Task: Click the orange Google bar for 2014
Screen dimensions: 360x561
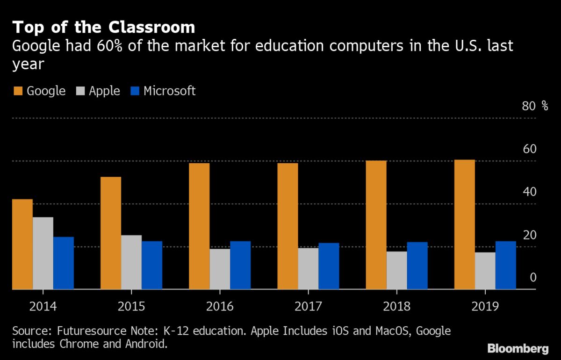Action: point(22,245)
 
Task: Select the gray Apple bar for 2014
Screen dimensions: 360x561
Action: point(43,253)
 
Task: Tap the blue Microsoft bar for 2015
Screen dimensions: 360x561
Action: point(152,266)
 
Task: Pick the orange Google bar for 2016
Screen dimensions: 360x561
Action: point(199,226)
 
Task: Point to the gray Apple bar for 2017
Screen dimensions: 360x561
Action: point(308,269)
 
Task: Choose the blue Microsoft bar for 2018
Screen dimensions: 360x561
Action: point(417,266)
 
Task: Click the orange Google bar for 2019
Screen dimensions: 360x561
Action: point(464,225)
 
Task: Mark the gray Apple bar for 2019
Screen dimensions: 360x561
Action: point(485,271)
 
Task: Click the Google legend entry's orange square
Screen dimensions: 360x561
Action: point(17,91)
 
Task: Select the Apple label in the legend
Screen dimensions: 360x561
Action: point(104,91)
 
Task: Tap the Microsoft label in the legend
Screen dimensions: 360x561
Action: point(169,91)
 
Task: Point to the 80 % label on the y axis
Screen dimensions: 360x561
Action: point(535,106)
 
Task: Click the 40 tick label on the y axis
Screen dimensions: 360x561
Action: point(530,192)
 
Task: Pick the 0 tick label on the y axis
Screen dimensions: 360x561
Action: point(533,278)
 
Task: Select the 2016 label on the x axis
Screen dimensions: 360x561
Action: point(220,307)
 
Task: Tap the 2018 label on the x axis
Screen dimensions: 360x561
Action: point(396,307)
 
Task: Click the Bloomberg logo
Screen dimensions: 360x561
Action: point(518,348)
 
